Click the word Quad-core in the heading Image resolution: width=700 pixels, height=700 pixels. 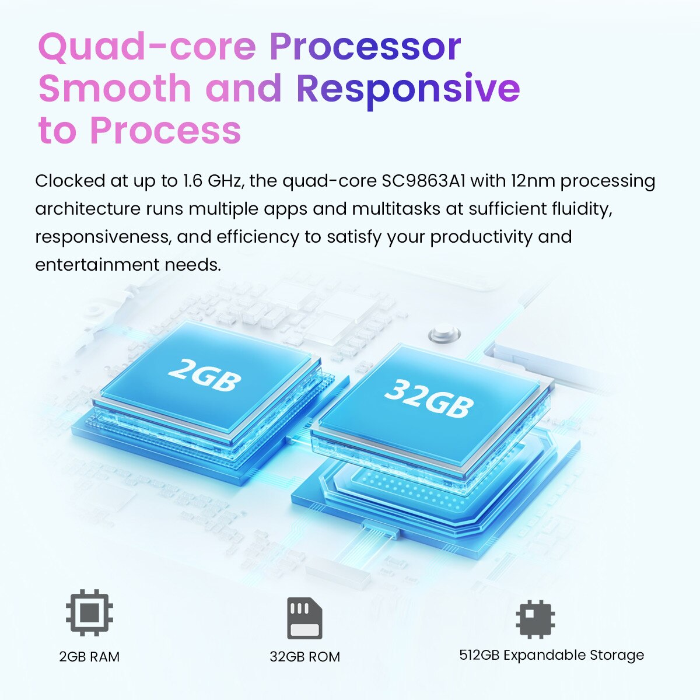pos(147,48)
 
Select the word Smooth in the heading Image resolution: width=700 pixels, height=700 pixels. pos(115,87)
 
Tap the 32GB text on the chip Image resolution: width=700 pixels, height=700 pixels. pos(429,398)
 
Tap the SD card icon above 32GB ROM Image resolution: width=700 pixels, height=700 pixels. pos(304,618)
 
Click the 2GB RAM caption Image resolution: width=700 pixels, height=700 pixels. pos(89,657)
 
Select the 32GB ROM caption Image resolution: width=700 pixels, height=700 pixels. pos(304,657)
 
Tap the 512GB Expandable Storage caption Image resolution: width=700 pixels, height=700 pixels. pos(551,655)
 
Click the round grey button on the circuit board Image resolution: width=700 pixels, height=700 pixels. pos(444,334)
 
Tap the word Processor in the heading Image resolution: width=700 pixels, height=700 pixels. pos(365,48)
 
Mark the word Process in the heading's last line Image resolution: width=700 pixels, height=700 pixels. pos(165,129)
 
